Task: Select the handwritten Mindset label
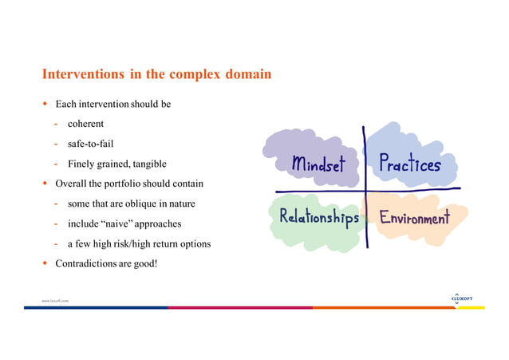tap(318, 165)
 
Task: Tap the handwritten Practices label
tap(409, 164)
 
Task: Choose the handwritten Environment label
tap(414, 217)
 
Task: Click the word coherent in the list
tap(85, 124)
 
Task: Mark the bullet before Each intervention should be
tap(45, 104)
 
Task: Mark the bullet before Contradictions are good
tap(45, 263)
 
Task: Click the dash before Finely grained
tap(57, 164)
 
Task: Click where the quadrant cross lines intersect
tap(365, 192)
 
